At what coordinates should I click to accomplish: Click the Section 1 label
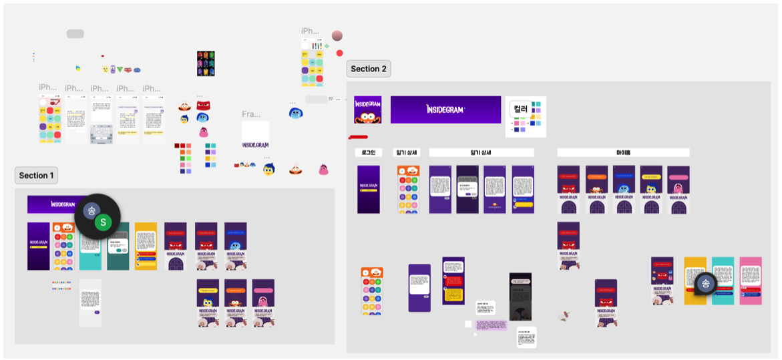coord(37,176)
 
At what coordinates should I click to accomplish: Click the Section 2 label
coord(368,69)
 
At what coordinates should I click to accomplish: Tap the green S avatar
coord(103,222)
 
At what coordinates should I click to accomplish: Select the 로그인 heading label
coord(368,153)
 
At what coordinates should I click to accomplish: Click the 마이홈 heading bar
coord(622,153)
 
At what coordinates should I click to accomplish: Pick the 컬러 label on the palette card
coord(520,108)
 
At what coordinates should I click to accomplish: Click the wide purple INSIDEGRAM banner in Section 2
coord(445,110)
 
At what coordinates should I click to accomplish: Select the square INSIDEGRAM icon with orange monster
coord(367,110)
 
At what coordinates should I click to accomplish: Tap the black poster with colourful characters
coord(206,63)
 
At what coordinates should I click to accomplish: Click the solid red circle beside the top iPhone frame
coord(339,53)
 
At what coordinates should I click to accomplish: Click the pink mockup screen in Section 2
coord(751,281)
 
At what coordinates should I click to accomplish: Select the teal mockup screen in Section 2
coord(723,281)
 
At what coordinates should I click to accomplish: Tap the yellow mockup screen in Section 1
coord(146,246)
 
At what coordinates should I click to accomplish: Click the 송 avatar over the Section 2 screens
coord(705,283)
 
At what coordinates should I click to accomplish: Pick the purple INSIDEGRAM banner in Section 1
coord(57,204)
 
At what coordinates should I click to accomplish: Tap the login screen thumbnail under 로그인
coord(368,189)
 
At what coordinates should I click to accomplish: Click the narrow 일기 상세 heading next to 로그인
coord(406,153)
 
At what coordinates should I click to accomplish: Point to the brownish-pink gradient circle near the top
coord(337,35)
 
